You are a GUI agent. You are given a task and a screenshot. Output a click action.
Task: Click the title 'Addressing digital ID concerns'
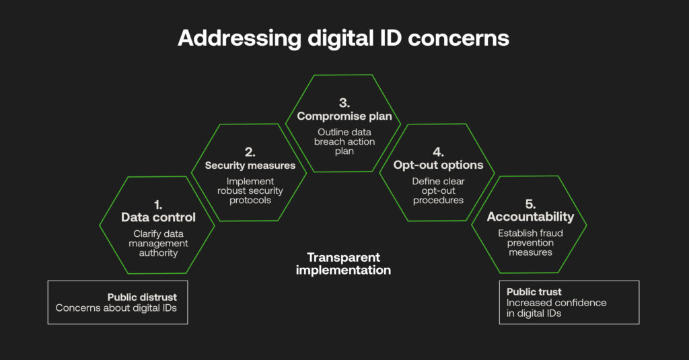(x=343, y=38)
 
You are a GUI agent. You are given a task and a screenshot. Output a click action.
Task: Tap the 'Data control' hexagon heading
(x=158, y=217)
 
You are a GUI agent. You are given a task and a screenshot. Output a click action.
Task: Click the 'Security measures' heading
(x=250, y=166)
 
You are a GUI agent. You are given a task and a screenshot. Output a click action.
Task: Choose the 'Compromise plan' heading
(x=344, y=116)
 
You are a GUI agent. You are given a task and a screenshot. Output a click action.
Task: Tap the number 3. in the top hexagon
(x=344, y=104)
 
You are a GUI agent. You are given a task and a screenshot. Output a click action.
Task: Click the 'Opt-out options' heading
(x=438, y=166)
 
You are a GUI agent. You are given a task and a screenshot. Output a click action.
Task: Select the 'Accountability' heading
(x=530, y=217)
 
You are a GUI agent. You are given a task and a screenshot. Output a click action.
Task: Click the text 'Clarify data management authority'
(x=158, y=243)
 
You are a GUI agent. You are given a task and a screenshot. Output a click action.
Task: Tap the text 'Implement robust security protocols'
(x=250, y=190)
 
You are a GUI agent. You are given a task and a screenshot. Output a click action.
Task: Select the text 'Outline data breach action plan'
(x=344, y=141)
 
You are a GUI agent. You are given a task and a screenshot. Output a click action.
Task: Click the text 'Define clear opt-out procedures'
(x=438, y=190)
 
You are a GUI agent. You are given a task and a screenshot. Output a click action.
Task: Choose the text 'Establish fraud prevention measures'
(x=530, y=242)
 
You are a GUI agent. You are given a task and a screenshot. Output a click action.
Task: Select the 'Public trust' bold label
(x=534, y=292)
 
